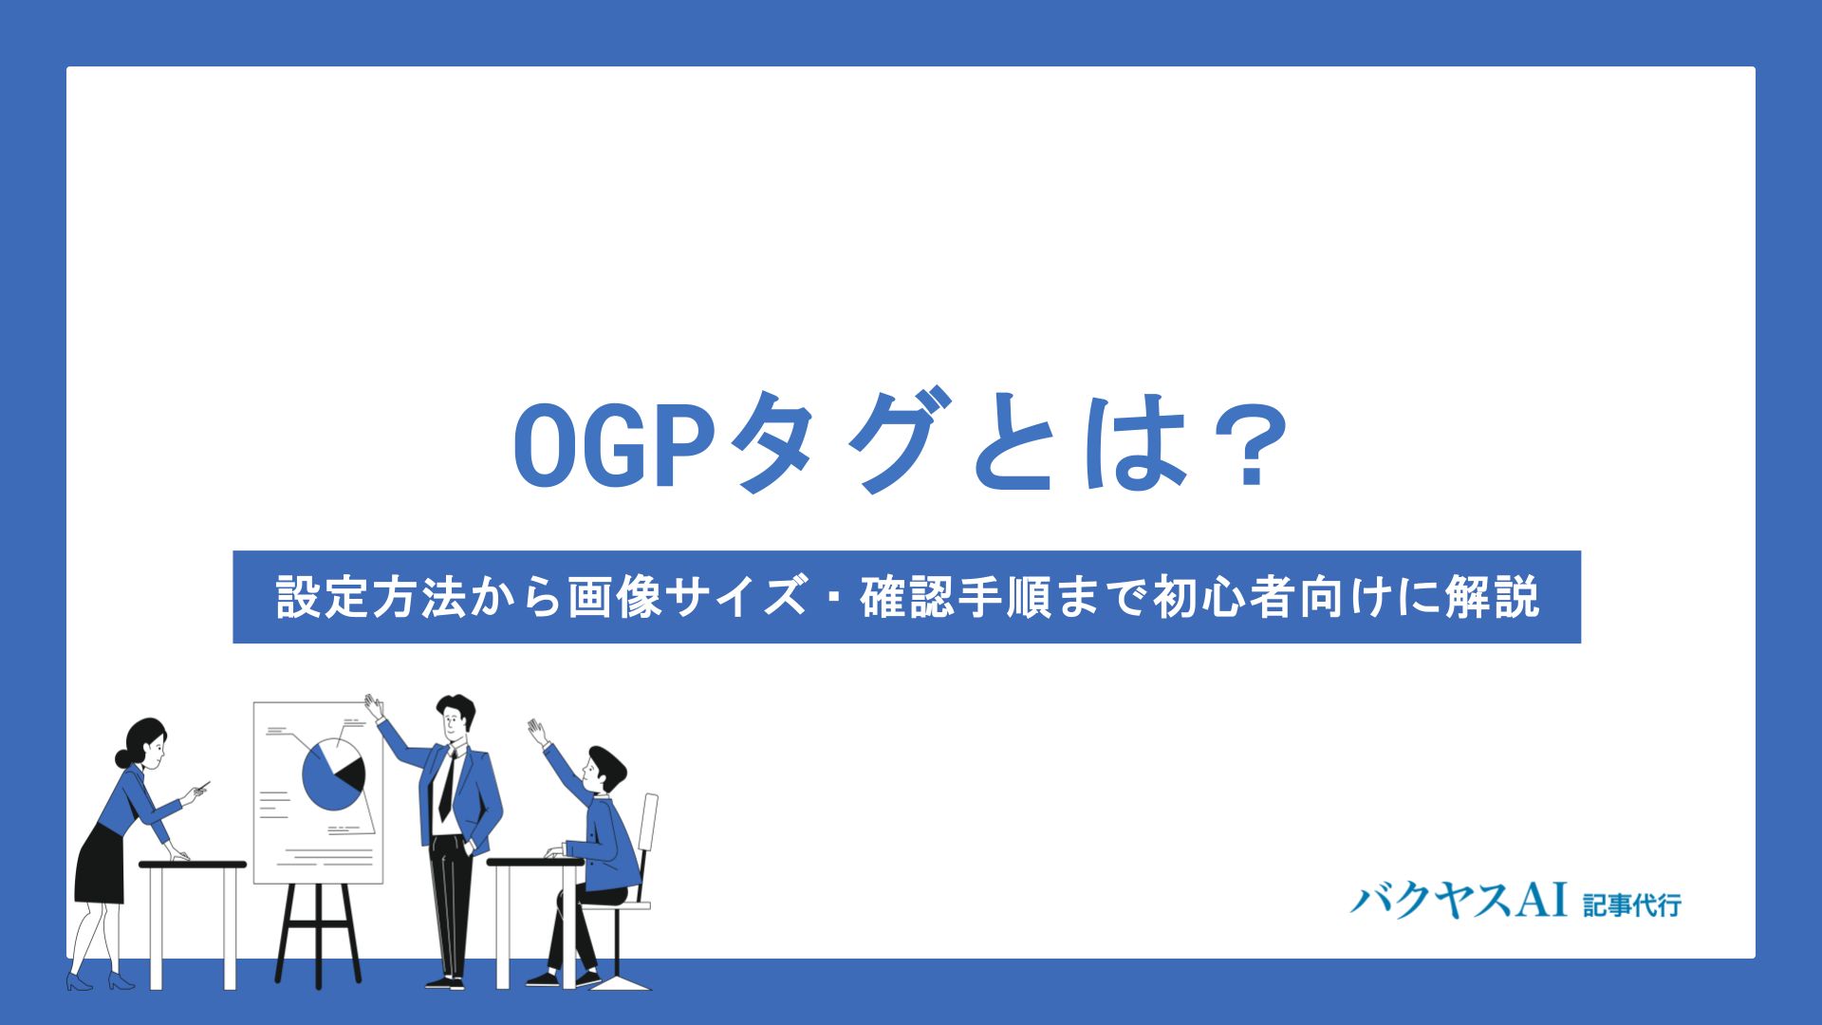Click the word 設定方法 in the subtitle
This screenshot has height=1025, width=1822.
pyautogui.click(x=370, y=598)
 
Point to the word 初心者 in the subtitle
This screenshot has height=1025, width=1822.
pyautogui.click(x=1223, y=598)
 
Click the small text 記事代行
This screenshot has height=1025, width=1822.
pyautogui.click(x=1632, y=904)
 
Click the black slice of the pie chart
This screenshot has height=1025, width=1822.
pyautogui.click(x=352, y=774)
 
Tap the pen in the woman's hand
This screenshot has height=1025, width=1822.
pyautogui.click(x=202, y=786)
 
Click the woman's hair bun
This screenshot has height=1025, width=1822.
pyautogui.click(x=122, y=758)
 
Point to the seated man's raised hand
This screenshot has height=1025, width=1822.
pyautogui.click(x=537, y=731)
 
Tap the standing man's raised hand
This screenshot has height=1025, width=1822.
pyautogui.click(x=374, y=706)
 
